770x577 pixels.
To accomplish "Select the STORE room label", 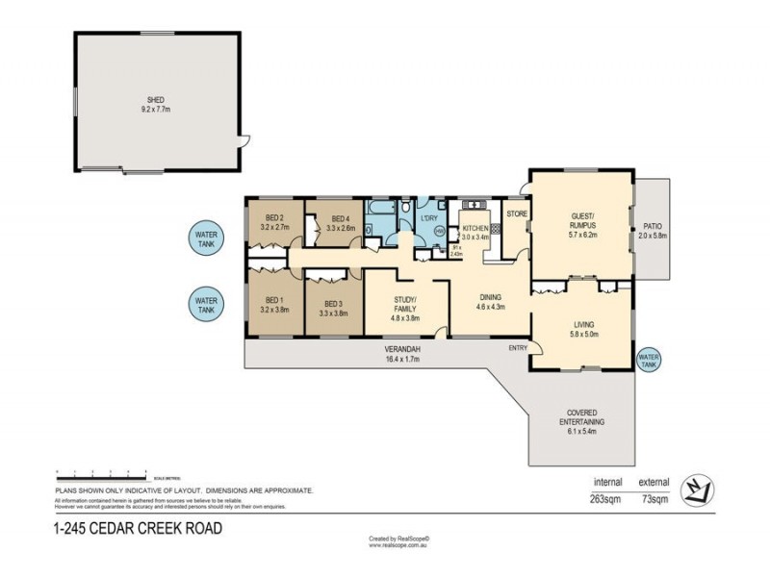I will click(517, 213).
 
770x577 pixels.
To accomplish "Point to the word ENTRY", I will click(518, 348).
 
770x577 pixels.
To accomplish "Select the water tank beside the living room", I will click(650, 360).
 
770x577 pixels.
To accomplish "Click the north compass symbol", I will click(697, 490).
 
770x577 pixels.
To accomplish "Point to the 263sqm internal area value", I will click(606, 498).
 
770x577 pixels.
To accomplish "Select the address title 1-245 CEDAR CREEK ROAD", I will click(138, 527).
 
